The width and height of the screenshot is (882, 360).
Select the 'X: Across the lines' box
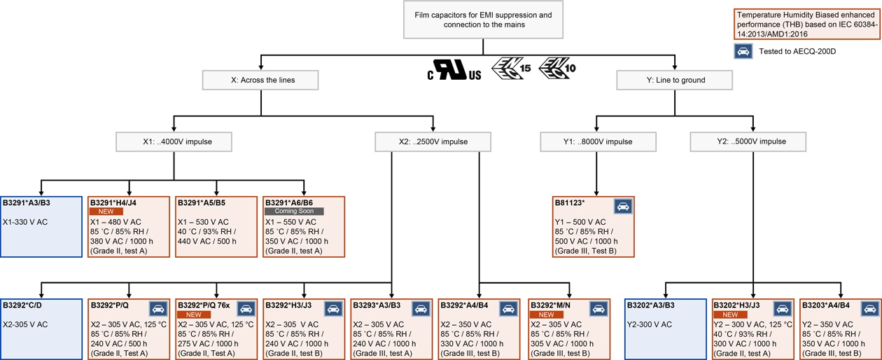262,80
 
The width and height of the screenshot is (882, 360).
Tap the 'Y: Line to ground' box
675,80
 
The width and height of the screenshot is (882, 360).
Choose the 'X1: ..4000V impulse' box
174,141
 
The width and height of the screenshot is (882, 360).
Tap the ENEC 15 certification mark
511,69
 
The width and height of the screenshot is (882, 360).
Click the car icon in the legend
743,52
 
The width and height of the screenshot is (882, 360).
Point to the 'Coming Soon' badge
293,211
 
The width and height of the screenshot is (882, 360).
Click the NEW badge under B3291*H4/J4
106,211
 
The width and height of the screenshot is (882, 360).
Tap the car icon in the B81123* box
622,206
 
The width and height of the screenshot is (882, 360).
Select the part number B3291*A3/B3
26,203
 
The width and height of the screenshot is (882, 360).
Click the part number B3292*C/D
22,305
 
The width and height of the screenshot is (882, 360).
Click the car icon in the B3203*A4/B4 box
869,308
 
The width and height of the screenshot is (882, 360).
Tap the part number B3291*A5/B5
200,203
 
